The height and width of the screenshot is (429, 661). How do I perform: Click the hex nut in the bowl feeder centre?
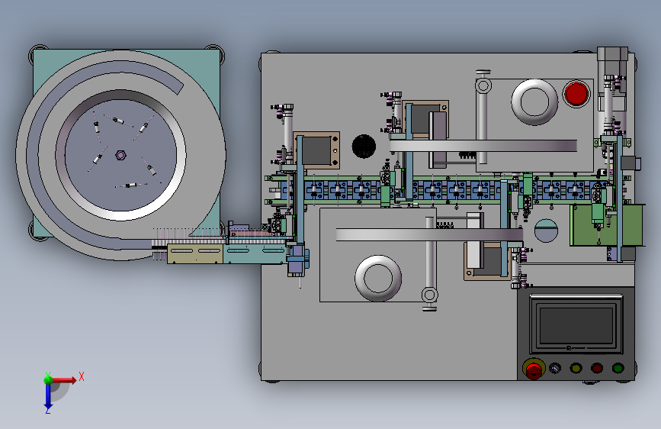click(120, 156)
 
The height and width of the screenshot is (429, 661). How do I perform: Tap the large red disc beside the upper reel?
click(576, 94)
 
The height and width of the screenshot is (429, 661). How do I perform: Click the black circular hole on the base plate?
click(364, 146)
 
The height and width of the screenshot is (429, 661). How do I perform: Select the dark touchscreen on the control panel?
click(576, 324)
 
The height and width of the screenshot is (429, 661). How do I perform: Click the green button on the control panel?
click(618, 368)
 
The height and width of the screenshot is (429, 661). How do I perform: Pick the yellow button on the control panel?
click(576, 368)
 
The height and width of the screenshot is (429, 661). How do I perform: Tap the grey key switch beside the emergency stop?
click(555, 368)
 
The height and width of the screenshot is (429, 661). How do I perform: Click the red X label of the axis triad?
click(82, 376)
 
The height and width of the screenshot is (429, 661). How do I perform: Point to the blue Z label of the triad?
click(48, 410)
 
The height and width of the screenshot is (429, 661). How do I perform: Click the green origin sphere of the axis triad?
click(49, 379)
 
